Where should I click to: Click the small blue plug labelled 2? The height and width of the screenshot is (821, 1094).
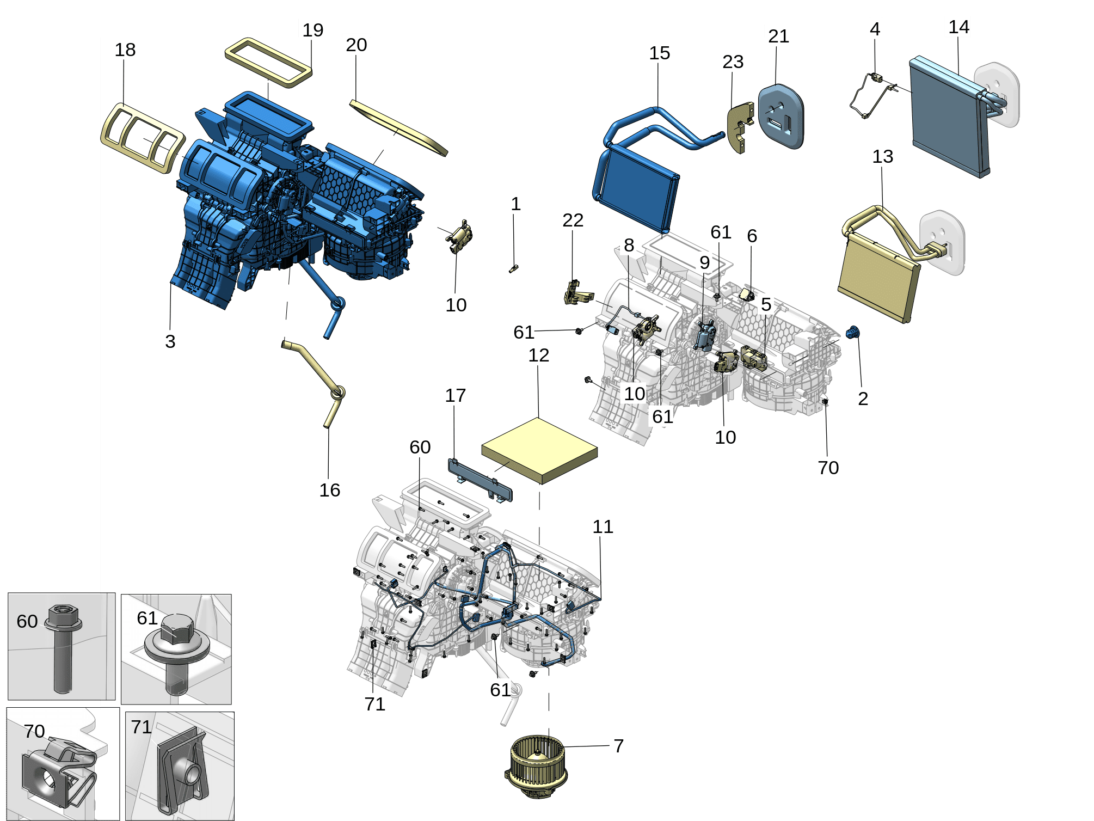[853, 332]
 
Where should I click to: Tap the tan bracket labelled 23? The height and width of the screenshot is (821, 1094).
[740, 127]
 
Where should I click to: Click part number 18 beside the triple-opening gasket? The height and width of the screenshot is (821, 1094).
[125, 50]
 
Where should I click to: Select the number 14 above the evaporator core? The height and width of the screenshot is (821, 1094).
[958, 27]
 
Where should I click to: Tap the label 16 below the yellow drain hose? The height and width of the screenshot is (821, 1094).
[329, 490]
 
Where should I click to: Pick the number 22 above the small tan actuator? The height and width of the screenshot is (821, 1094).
[573, 220]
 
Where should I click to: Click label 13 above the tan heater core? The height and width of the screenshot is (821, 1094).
[882, 157]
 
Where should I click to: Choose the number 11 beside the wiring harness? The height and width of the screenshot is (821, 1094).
[603, 526]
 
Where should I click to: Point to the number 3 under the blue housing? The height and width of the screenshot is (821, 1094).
[170, 341]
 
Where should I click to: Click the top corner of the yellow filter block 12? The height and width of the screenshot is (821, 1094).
[538, 418]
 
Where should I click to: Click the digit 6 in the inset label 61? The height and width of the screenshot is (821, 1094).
[142, 618]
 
